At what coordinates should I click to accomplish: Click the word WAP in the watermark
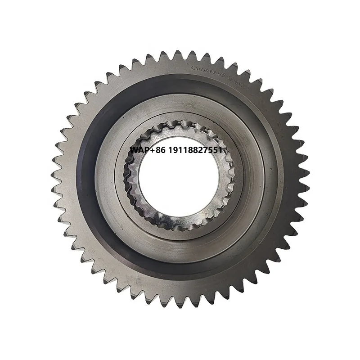(x=139, y=149)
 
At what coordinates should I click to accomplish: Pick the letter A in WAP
(x=140, y=149)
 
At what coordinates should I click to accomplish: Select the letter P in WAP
(x=144, y=149)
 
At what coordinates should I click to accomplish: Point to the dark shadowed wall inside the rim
(x=88, y=180)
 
